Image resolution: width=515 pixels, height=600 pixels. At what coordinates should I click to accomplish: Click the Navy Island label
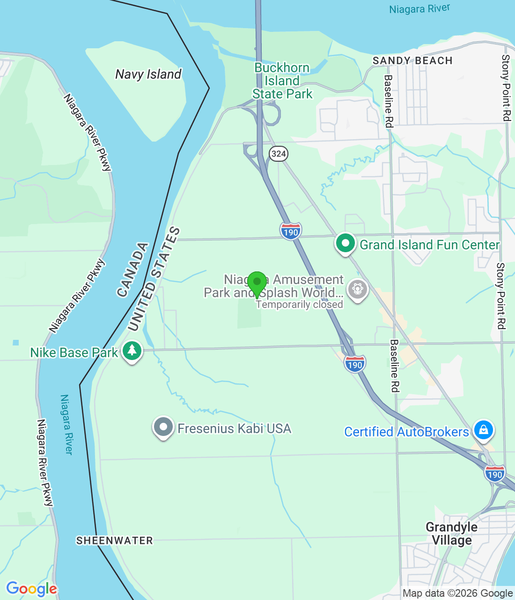click(148, 74)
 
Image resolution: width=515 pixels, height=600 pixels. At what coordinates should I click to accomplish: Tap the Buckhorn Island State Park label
click(282, 81)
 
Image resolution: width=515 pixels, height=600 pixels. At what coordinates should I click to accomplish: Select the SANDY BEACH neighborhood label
click(412, 60)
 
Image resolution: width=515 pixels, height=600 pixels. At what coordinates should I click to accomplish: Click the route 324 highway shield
click(279, 153)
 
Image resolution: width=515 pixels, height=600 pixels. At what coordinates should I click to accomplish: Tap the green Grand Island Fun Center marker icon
click(346, 244)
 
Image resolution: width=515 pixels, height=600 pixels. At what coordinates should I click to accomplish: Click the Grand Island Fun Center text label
click(429, 245)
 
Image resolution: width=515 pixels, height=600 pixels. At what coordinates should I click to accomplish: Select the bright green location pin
click(257, 283)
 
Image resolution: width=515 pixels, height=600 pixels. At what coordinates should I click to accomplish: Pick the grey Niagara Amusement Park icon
click(358, 289)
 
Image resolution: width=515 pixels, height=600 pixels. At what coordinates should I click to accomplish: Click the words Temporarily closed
click(300, 305)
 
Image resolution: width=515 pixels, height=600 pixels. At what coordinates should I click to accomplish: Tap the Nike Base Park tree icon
click(132, 351)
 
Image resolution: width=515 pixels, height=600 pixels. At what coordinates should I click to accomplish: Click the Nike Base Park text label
click(74, 352)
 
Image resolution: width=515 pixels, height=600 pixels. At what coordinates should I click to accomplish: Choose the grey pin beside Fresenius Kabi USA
click(163, 427)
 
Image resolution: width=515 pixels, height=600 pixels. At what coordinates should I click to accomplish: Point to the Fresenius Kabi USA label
click(234, 428)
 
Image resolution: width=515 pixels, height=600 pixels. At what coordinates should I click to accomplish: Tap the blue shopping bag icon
click(483, 429)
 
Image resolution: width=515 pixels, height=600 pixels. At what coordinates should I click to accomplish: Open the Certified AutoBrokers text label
click(406, 432)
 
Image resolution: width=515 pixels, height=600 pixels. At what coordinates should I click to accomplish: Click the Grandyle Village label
click(451, 533)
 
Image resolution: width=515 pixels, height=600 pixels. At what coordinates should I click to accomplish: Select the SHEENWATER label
click(115, 540)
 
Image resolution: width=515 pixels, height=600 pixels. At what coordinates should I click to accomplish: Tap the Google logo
click(31, 589)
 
